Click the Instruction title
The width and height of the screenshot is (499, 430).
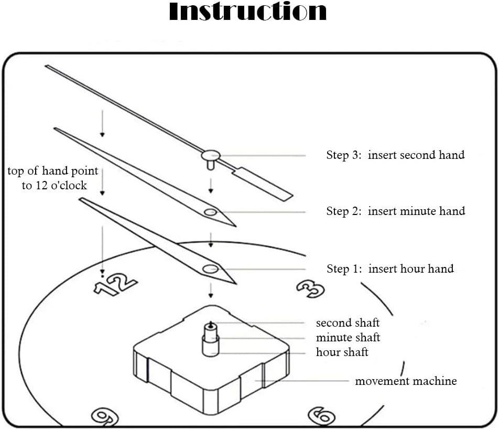coord(247,12)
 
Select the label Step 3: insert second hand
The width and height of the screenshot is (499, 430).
coord(395,155)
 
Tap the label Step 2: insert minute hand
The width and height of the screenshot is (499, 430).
coord(396,211)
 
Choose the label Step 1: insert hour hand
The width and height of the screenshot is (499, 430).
coord(390,269)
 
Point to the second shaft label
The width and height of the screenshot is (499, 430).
coord(348,323)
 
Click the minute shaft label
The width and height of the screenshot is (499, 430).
coord(348,338)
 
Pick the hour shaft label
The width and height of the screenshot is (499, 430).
coord(342,352)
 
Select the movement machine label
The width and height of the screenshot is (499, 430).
coord(406,381)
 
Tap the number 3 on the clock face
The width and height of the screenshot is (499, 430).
coord(310,287)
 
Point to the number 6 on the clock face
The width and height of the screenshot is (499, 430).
coord(320,416)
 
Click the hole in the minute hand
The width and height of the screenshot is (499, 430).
coord(211,212)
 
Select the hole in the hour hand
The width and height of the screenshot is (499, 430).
coord(211,269)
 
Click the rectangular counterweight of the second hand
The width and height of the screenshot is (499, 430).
coord(265,184)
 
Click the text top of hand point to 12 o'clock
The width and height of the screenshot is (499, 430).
coord(52,178)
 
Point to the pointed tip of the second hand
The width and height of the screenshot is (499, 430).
coord(47,66)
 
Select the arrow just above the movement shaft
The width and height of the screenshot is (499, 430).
coord(211,289)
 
